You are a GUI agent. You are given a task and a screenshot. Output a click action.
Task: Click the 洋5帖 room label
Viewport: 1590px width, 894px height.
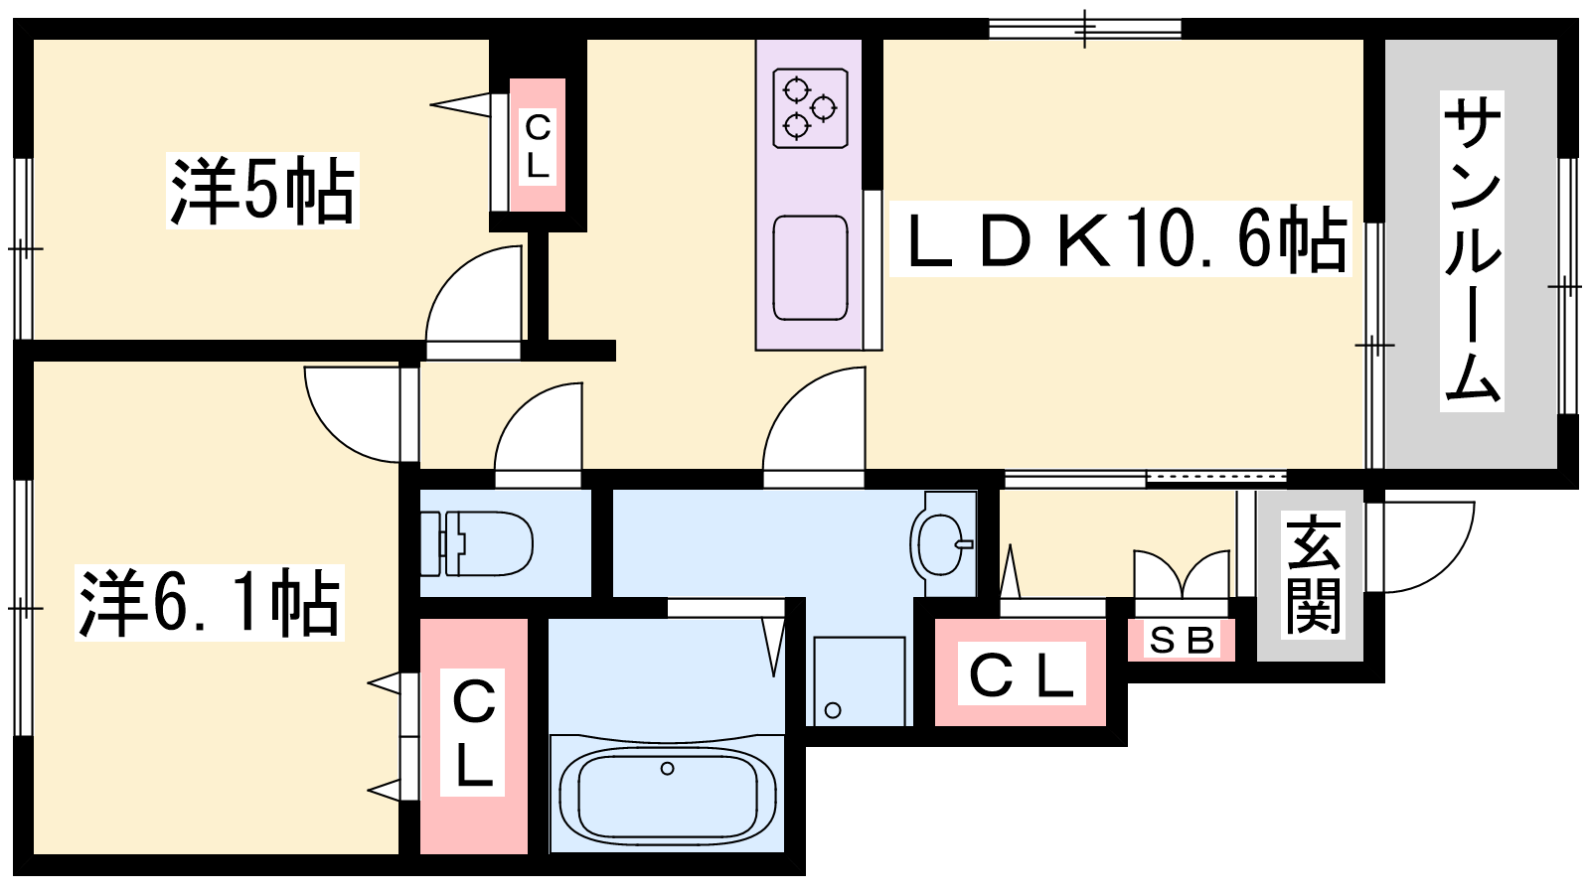[262, 190]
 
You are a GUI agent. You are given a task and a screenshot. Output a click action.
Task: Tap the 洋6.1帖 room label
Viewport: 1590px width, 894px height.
[210, 602]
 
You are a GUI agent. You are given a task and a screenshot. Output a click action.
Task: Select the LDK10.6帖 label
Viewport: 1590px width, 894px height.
[1120, 238]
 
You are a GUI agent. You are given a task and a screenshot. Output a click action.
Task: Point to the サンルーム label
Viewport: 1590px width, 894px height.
[1472, 251]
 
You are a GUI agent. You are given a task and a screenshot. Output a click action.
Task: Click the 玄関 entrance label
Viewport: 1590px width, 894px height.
[1314, 574]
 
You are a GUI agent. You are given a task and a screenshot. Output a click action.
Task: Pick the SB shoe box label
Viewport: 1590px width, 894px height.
[1182, 641]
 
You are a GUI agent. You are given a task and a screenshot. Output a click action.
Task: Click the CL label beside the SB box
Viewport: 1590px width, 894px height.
[1022, 673]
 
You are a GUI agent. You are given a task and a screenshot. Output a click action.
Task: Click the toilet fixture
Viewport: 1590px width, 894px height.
[476, 543]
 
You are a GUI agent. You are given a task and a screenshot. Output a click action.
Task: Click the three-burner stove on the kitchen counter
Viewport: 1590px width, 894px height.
[810, 108]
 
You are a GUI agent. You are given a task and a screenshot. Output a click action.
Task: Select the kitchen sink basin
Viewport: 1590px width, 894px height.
[810, 268]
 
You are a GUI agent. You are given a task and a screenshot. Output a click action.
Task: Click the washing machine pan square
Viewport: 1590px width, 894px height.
[860, 681]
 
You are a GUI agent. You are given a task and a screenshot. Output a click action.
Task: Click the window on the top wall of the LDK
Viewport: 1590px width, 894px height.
[1084, 29]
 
